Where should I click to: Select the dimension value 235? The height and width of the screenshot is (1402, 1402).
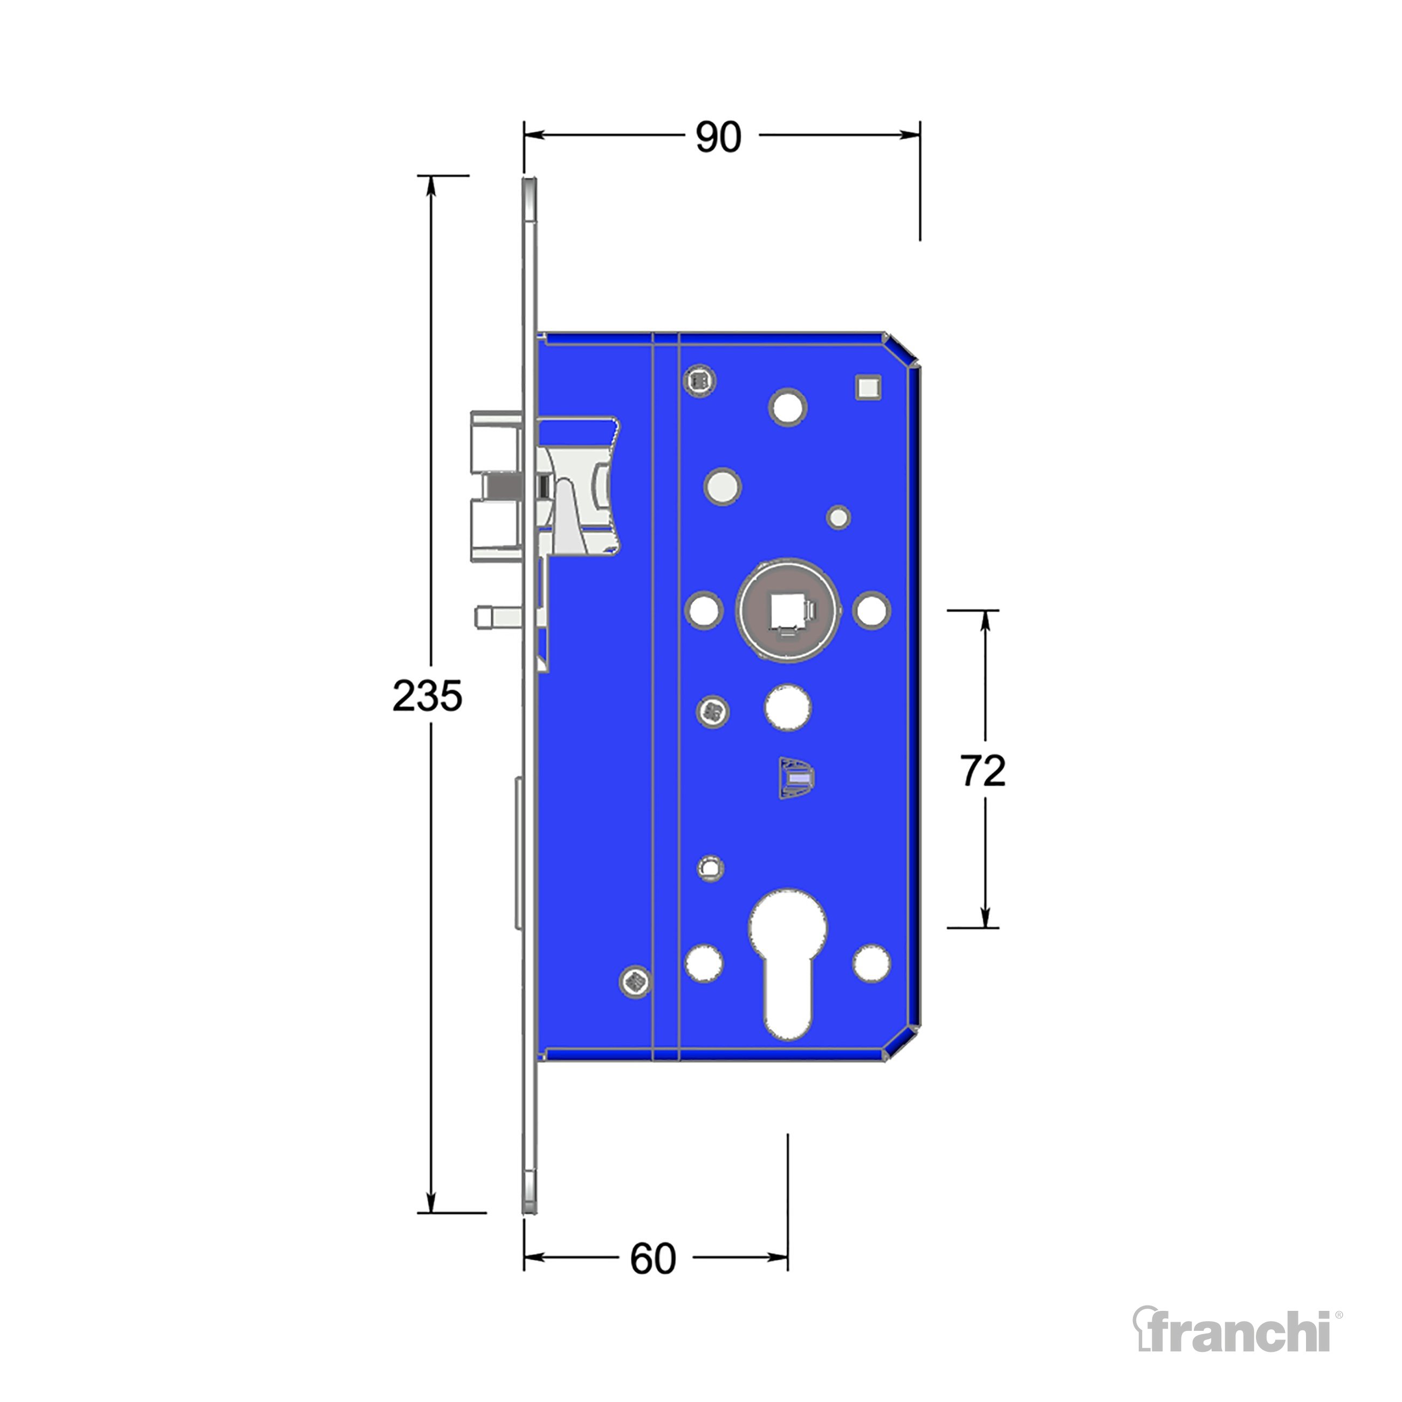[428, 696]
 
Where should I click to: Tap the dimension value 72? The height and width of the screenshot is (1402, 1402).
[983, 771]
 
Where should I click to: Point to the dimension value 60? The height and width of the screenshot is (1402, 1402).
[653, 1259]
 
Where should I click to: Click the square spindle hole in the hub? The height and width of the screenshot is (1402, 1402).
[788, 610]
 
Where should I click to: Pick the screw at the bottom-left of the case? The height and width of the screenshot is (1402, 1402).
[635, 982]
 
